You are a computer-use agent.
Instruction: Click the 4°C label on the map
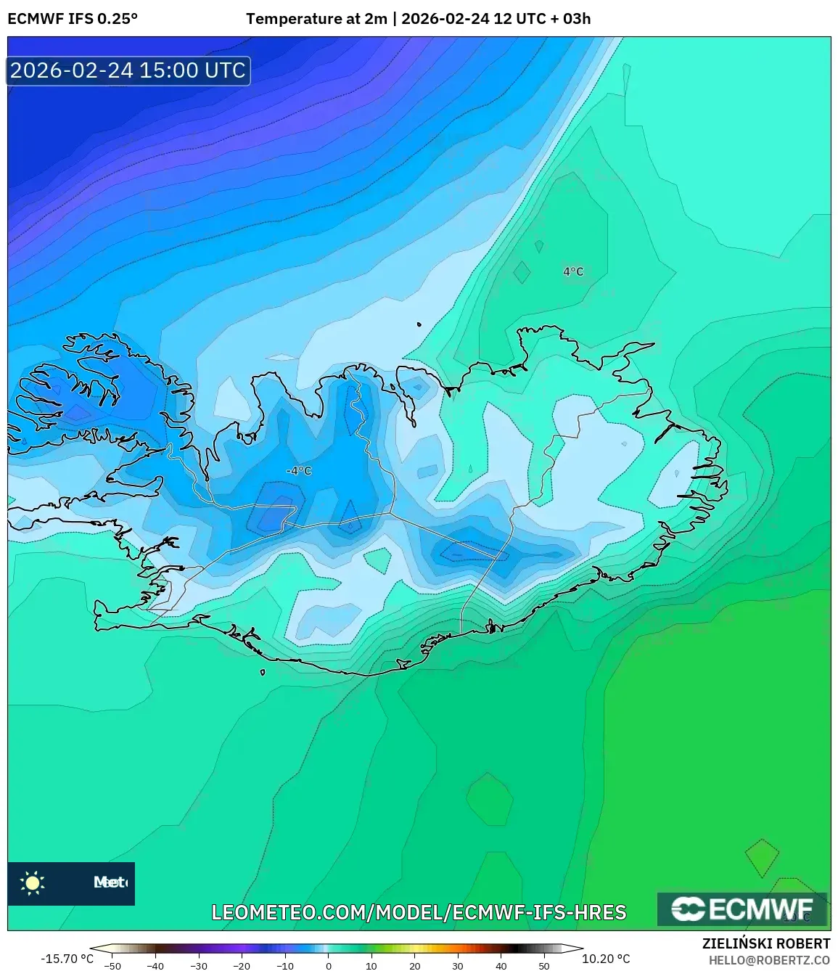pyautogui.click(x=573, y=271)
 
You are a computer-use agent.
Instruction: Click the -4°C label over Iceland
pyautogui.click(x=298, y=471)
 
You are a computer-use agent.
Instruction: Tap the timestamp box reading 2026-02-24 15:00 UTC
pyautogui.click(x=128, y=70)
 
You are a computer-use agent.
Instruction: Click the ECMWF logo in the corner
pyautogui.click(x=742, y=909)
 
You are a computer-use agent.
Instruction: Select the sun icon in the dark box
pyautogui.click(x=33, y=882)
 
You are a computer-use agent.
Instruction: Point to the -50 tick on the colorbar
pyautogui.click(x=112, y=966)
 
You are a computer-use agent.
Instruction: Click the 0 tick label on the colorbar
pyautogui.click(x=328, y=966)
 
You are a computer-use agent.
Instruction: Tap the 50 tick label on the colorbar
pyautogui.click(x=544, y=966)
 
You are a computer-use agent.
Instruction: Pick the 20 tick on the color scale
pyautogui.click(x=414, y=966)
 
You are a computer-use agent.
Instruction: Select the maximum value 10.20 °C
pyautogui.click(x=606, y=959)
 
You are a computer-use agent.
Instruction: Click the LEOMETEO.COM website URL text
pyautogui.click(x=419, y=912)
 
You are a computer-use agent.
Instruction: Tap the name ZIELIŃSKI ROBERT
pyautogui.click(x=765, y=943)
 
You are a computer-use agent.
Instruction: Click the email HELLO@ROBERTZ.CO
pyautogui.click(x=769, y=960)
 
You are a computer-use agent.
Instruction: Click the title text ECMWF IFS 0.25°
pyautogui.click(x=73, y=19)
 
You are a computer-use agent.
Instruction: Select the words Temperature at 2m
pyautogui.click(x=316, y=19)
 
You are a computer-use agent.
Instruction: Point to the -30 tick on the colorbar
pyautogui.click(x=199, y=966)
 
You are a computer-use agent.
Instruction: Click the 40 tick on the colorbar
pyautogui.click(x=501, y=966)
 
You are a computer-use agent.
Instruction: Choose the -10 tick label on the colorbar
pyautogui.click(x=285, y=966)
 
